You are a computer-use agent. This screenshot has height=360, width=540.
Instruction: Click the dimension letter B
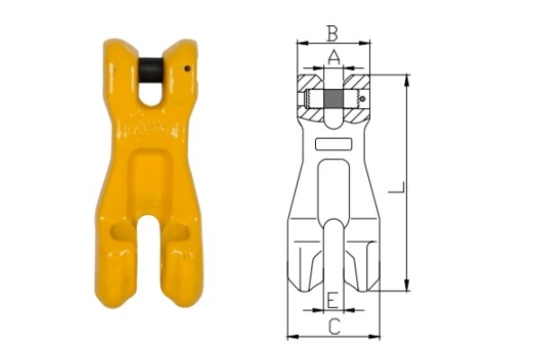tap(333, 34)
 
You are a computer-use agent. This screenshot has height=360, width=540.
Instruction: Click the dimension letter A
tap(334, 58)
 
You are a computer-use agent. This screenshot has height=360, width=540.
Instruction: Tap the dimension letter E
tap(333, 300)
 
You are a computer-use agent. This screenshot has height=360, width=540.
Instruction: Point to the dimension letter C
tap(334, 327)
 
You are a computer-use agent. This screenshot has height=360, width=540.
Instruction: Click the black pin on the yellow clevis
tap(151, 70)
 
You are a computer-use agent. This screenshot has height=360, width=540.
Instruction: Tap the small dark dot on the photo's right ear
tap(187, 68)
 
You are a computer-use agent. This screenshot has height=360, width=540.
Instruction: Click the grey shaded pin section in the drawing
tap(333, 100)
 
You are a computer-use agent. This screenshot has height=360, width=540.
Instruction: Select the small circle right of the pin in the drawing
tap(362, 99)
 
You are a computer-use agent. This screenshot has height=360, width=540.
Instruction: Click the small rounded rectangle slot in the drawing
tap(333, 144)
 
